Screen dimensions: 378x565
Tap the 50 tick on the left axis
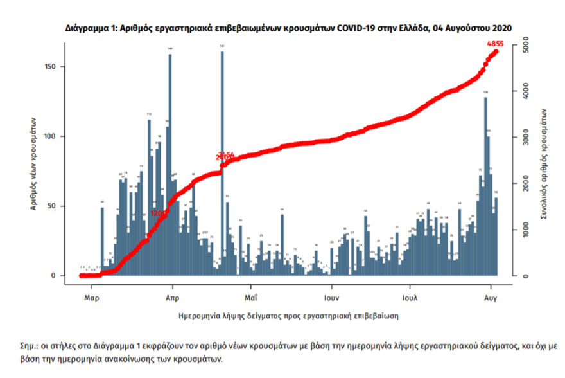(x=57, y=206)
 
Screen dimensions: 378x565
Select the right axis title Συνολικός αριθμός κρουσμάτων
(x=543, y=164)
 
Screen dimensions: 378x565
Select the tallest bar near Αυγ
(x=485, y=186)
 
